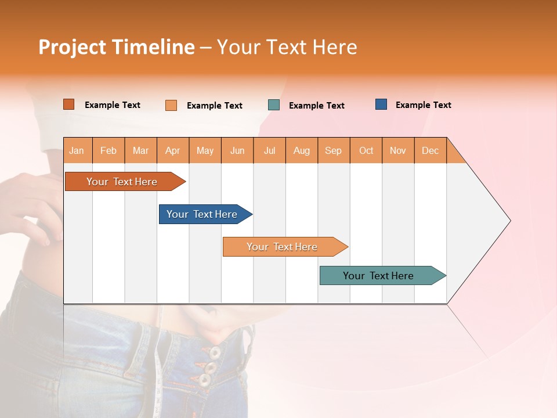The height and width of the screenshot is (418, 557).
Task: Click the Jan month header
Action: point(77,151)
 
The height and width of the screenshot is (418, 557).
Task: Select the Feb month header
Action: point(108,151)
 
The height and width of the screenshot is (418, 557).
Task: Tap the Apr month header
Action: point(173,151)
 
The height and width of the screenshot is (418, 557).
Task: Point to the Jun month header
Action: point(237,151)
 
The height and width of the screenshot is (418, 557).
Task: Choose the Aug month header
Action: point(302,151)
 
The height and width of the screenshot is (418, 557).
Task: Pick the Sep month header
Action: point(334,151)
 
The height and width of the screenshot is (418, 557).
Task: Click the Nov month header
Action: point(398,151)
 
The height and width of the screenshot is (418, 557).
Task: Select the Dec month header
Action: point(431,151)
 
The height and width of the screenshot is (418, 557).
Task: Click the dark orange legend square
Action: point(69,105)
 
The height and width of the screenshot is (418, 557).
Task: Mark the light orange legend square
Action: point(171,105)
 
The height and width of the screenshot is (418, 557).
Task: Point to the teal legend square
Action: point(274,105)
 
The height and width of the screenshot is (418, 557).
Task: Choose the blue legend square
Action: point(381,105)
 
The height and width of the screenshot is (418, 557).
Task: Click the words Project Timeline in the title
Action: point(116,47)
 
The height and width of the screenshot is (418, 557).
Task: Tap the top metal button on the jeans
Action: point(215,352)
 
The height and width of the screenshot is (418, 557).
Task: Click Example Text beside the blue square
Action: point(423,105)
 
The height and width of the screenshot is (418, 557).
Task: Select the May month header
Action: point(205,151)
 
